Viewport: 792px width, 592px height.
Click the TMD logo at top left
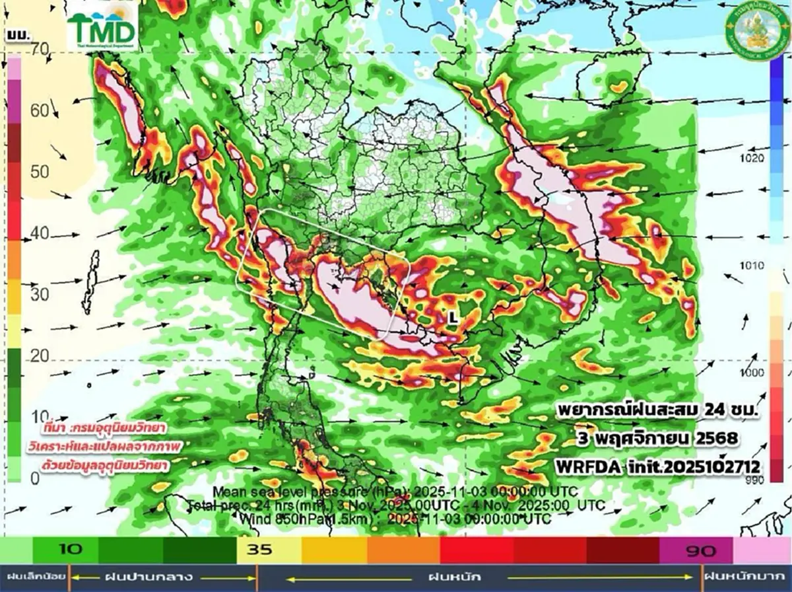102,29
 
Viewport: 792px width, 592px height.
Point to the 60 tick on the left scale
40,110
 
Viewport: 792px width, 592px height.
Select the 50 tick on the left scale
40,172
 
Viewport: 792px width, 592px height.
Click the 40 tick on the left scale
40,233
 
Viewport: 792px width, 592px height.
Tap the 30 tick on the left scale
40,294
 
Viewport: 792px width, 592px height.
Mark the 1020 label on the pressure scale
752,159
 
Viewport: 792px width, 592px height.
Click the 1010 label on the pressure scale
752,266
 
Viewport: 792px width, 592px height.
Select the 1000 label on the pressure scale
752,373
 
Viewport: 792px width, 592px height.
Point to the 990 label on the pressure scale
752,479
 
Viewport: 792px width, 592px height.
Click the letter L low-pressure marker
452,317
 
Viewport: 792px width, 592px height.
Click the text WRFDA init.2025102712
658,466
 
